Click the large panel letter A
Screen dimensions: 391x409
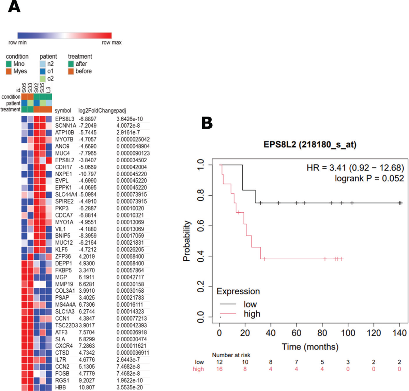point(14,6)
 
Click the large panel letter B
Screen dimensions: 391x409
point(207,123)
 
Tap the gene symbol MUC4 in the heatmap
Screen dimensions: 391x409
point(62,153)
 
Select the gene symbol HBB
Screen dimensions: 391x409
point(60,387)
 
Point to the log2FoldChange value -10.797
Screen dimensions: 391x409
point(88,174)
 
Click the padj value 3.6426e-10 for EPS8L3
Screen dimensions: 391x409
point(130,119)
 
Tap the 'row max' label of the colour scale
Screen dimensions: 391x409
point(111,43)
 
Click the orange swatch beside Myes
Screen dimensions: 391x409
point(9,71)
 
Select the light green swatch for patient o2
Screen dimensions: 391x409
point(43,79)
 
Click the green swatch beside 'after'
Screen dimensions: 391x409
point(71,64)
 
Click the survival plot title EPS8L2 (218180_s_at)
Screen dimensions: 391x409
point(310,145)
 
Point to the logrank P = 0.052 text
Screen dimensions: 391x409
point(369,178)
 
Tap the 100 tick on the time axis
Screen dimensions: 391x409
point(348,333)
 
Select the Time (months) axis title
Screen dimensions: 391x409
point(310,347)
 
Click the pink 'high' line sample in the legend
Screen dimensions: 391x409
point(228,314)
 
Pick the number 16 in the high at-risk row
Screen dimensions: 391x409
point(219,369)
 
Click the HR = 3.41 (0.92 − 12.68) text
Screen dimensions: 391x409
point(355,168)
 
